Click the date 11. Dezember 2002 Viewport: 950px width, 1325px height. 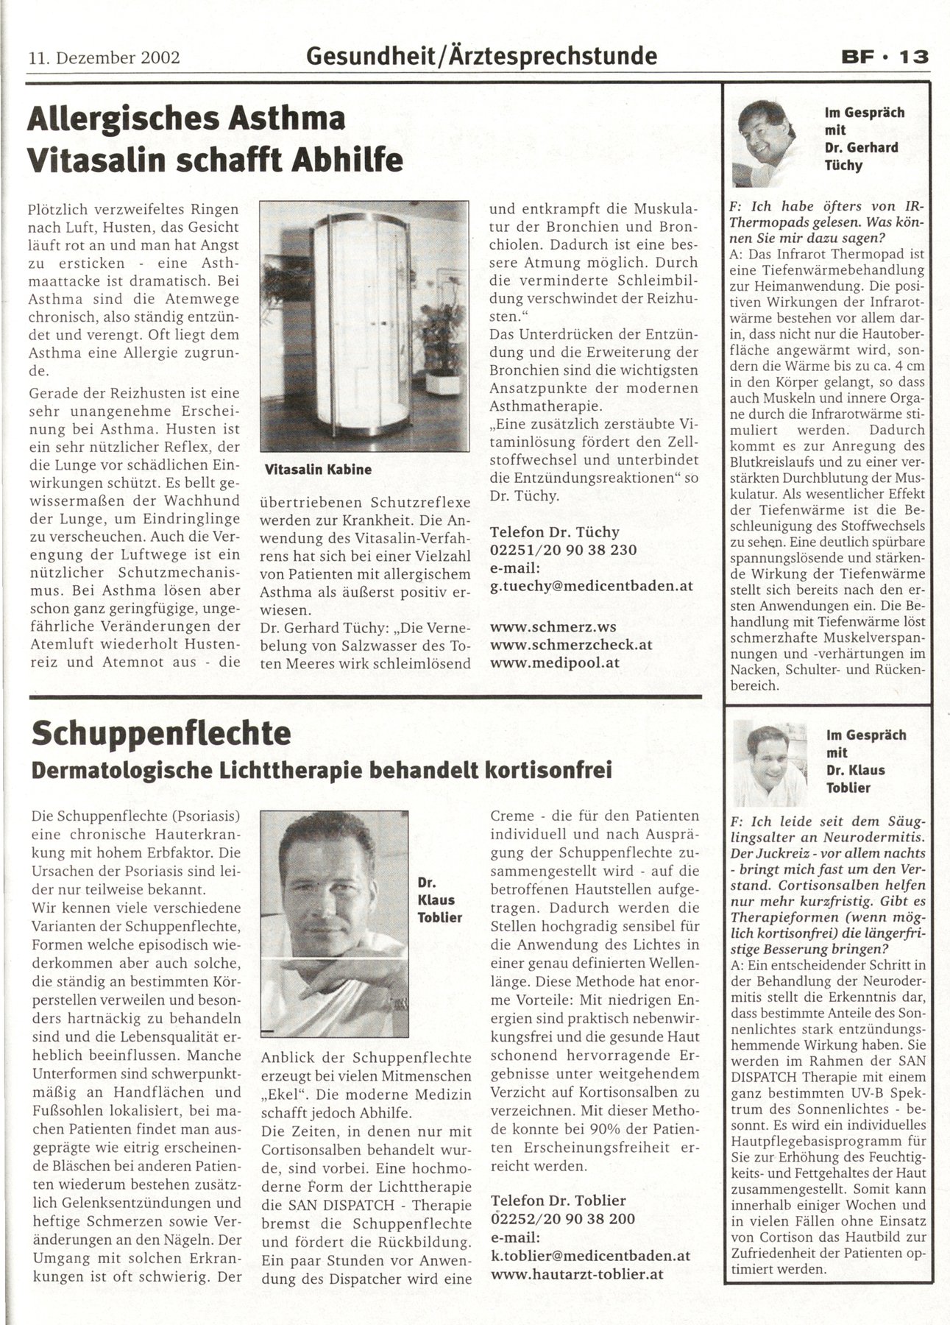[104, 57]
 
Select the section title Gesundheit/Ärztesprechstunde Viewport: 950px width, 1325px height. [481, 55]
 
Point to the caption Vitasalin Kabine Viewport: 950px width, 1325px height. [318, 469]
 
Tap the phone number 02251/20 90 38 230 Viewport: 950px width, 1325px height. [563, 550]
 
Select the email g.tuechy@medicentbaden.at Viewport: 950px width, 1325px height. [592, 586]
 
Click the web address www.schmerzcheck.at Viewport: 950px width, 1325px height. [571, 644]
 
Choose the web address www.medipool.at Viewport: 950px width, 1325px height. [555, 662]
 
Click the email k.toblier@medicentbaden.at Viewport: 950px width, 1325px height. [590, 1255]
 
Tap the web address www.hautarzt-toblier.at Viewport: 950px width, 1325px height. [578, 1273]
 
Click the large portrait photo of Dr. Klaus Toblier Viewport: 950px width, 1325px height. [334, 923]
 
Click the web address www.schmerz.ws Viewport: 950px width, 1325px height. [553, 626]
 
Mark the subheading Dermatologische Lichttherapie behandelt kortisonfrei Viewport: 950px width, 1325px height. [322, 771]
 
